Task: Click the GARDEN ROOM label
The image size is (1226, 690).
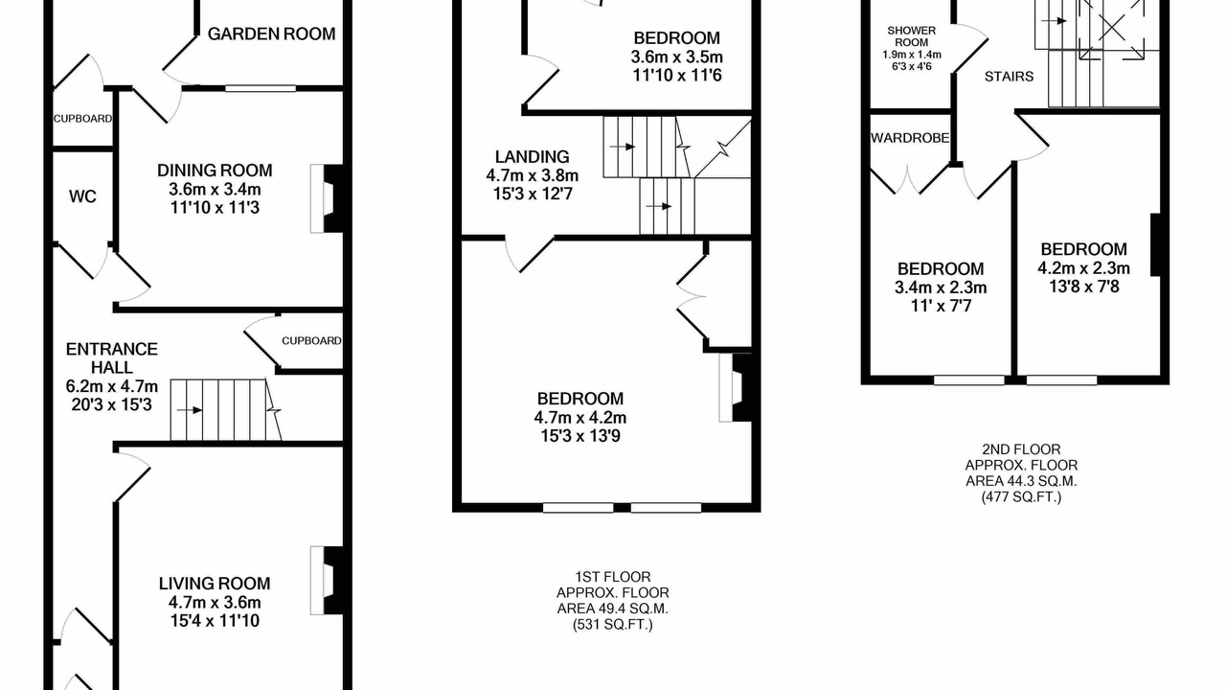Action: [271, 34]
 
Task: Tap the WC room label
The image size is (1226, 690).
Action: [82, 196]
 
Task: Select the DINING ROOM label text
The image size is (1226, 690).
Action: [215, 171]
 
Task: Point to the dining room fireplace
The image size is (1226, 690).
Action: [327, 198]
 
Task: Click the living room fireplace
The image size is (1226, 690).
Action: [327, 580]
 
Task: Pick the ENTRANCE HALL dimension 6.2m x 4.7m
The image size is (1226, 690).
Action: [112, 386]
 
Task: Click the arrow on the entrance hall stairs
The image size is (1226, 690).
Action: [190, 410]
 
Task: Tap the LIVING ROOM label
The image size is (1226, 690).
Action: [215, 584]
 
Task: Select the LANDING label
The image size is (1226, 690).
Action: [532, 156]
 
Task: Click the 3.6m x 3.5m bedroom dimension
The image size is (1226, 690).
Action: [676, 57]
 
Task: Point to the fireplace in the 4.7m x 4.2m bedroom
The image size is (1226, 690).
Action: [737, 387]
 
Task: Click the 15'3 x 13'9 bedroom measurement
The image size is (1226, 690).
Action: [580, 436]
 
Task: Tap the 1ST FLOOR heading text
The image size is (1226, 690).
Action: [612, 577]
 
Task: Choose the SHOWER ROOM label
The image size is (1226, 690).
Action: [911, 36]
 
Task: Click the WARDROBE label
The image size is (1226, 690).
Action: [910, 138]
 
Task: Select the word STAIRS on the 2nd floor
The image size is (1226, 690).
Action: [1009, 77]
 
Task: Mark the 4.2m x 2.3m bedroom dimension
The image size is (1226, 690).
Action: [1083, 268]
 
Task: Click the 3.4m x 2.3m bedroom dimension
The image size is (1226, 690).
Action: [941, 287]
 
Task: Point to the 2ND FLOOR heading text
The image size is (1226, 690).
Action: [1021, 449]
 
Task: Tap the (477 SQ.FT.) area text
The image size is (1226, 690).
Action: [1021, 497]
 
